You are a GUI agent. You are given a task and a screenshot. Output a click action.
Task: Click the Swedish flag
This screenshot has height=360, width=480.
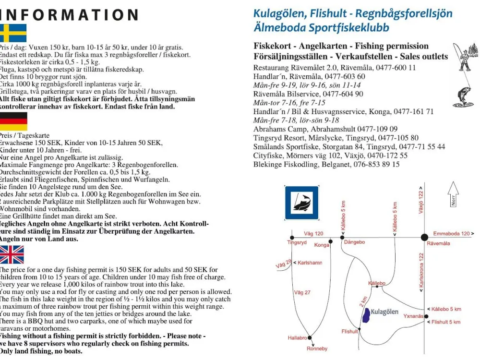[x=13, y=33]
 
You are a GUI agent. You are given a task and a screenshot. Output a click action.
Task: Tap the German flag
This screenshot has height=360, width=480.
[x=13, y=121]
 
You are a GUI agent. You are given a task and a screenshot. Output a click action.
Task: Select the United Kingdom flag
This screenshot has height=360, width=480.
[x=12, y=254]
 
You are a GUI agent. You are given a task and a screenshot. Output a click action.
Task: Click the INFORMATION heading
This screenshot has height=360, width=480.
[x=69, y=14]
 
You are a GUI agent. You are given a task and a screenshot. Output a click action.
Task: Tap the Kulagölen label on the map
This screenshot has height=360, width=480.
[x=385, y=312]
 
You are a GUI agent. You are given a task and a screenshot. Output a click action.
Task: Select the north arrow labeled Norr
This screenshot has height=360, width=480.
[x=453, y=194]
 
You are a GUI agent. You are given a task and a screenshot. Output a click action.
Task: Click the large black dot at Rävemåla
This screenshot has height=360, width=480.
[x=424, y=237]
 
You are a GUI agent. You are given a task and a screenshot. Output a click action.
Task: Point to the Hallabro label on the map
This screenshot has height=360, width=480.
[x=297, y=338]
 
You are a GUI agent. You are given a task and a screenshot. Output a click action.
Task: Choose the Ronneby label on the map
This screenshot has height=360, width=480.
[x=317, y=348]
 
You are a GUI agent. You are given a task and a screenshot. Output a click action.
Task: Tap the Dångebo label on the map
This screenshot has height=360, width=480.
[x=355, y=242]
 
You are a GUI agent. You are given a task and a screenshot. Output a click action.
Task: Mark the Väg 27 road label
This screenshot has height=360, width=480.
[x=302, y=292]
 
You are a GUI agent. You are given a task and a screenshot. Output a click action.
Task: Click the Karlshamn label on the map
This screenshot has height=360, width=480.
[x=310, y=263]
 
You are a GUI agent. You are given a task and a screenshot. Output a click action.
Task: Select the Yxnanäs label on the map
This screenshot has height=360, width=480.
[x=413, y=316]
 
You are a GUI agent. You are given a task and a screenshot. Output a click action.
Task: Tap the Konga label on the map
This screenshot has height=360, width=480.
[x=322, y=245]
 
